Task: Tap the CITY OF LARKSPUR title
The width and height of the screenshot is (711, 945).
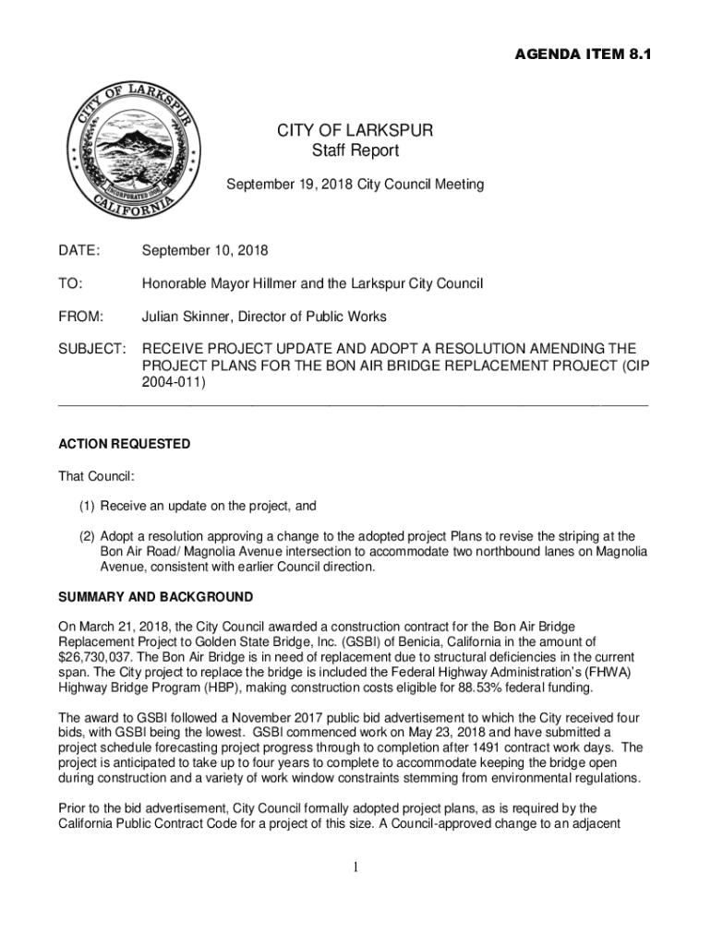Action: [x=355, y=131]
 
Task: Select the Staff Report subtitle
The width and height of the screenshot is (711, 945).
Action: [x=355, y=151]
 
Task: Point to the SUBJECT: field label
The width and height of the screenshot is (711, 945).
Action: [x=91, y=349]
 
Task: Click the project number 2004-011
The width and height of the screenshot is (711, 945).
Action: [x=169, y=381]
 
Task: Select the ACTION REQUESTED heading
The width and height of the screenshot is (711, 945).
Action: [x=124, y=444]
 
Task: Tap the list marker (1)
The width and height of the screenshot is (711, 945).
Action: [x=86, y=506]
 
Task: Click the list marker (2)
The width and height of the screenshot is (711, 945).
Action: [x=86, y=536]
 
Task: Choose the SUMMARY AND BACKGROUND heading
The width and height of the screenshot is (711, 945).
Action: [x=155, y=597]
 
